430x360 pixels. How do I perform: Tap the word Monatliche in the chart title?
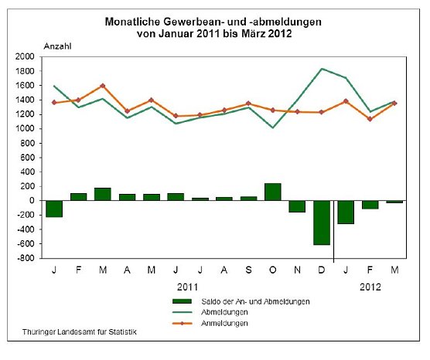click(133, 22)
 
